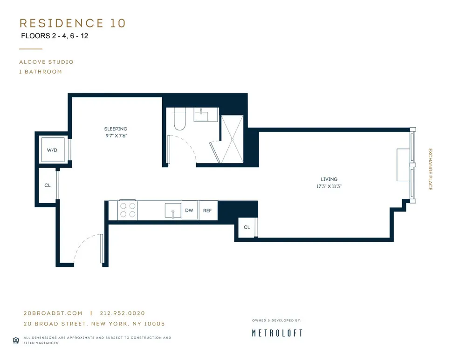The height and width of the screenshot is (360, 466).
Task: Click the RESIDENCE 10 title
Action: click(x=72, y=23)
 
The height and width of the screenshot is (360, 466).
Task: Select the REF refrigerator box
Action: click(x=207, y=211)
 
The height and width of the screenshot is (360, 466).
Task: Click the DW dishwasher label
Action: click(x=189, y=211)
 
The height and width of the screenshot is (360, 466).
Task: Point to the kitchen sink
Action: click(x=173, y=211)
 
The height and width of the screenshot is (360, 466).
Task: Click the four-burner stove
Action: click(x=127, y=210)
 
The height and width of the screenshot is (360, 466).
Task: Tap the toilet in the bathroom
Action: click(x=179, y=119)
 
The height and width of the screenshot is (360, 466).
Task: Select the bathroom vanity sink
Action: click(x=206, y=115)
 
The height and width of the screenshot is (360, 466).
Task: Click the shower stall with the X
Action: click(x=232, y=139)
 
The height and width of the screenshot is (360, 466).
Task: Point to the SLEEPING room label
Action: click(x=116, y=129)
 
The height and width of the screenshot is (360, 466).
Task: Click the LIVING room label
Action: click(x=329, y=179)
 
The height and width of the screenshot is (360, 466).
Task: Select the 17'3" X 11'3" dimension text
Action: click(x=329, y=186)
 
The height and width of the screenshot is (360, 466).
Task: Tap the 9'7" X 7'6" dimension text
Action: click(x=116, y=136)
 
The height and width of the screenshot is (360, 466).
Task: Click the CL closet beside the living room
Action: click(x=247, y=227)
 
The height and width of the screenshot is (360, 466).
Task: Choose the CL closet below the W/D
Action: click(x=48, y=185)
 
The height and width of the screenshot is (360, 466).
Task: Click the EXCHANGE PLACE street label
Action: click(x=430, y=170)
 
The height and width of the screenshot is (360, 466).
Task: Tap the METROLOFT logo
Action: click(x=277, y=333)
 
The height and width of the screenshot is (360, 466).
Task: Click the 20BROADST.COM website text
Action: click(x=53, y=313)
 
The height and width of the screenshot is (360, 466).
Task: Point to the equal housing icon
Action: click(x=15, y=340)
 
